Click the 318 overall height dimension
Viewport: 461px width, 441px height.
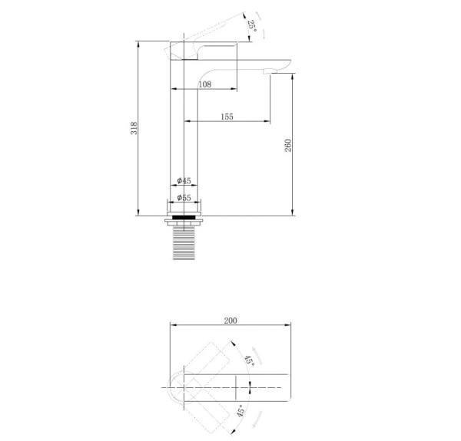(134, 128)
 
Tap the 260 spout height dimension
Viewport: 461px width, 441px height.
(288, 146)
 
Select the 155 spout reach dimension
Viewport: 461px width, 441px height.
(227, 117)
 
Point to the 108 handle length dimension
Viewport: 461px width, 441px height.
(205, 84)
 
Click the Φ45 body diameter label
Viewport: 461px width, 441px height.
(184, 181)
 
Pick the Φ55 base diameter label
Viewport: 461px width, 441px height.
(184, 198)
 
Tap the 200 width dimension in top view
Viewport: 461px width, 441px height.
(230, 321)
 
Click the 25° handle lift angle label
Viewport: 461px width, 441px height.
(252, 26)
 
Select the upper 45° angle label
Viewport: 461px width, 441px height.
(249, 360)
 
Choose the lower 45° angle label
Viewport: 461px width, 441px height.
(240, 410)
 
